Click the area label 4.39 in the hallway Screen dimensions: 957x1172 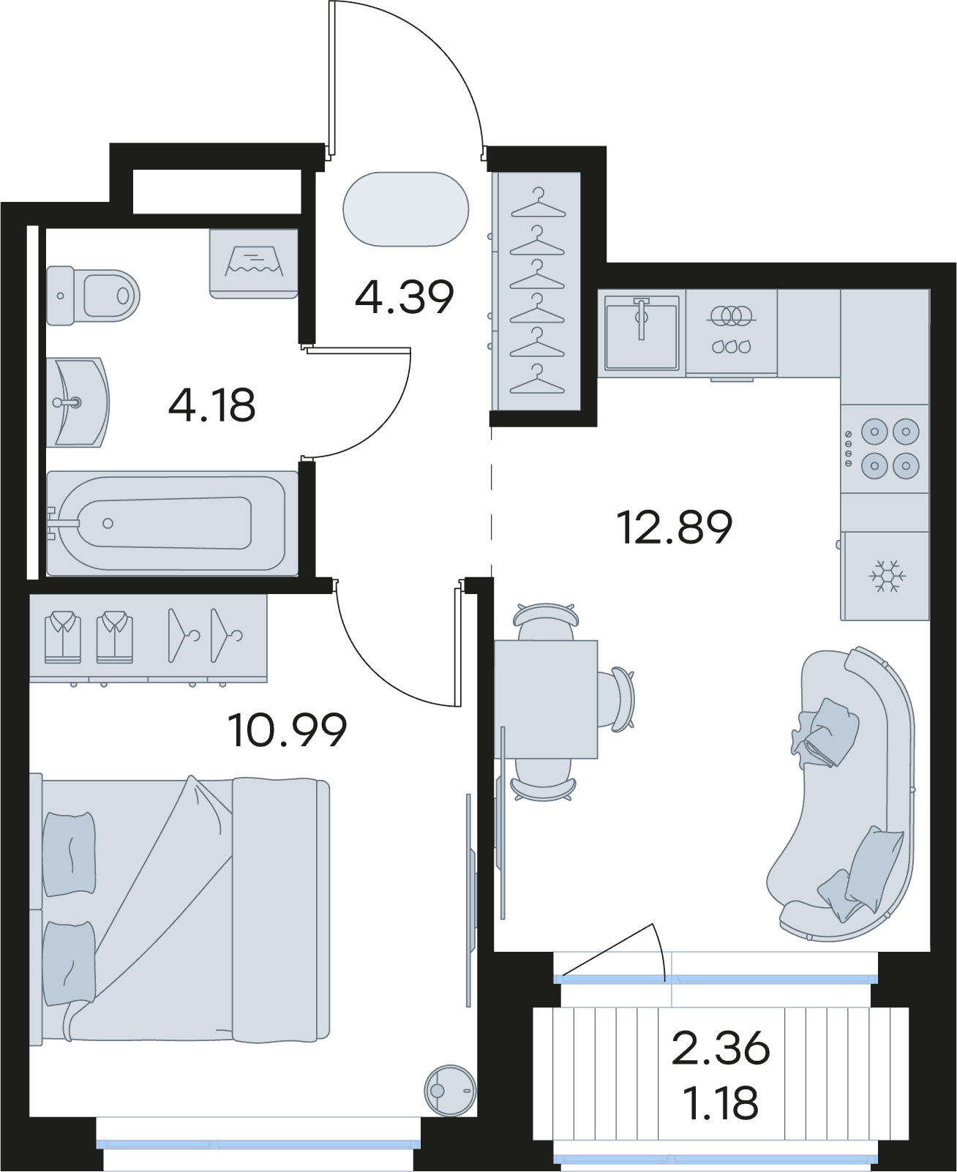click(404, 297)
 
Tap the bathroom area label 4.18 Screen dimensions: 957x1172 click(211, 405)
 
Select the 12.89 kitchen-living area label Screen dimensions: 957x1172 click(674, 527)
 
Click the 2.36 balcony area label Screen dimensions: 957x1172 click(720, 1048)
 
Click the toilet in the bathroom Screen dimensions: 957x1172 click(93, 296)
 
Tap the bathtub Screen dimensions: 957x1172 click(172, 523)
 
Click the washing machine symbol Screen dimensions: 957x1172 click(253, 263)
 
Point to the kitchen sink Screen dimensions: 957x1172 click(642, 332)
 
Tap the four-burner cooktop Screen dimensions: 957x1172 click(885, 448)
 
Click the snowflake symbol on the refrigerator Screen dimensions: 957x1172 click(887, 576)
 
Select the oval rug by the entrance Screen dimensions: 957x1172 click(405, 209)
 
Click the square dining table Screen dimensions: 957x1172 click(546, 699)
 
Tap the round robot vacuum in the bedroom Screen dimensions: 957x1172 click(450, 1090)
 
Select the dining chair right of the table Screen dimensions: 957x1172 click(616, 699)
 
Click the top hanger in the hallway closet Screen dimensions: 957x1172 click(538, 203)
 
